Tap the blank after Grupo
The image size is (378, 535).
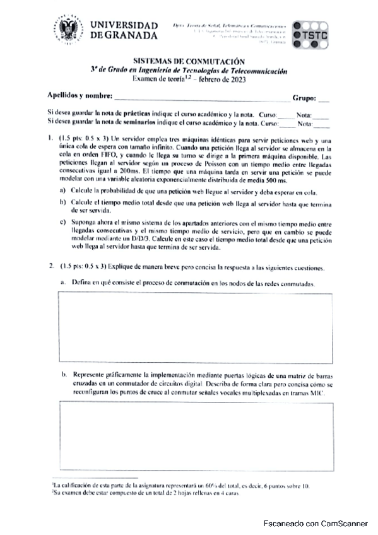(324, 98)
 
